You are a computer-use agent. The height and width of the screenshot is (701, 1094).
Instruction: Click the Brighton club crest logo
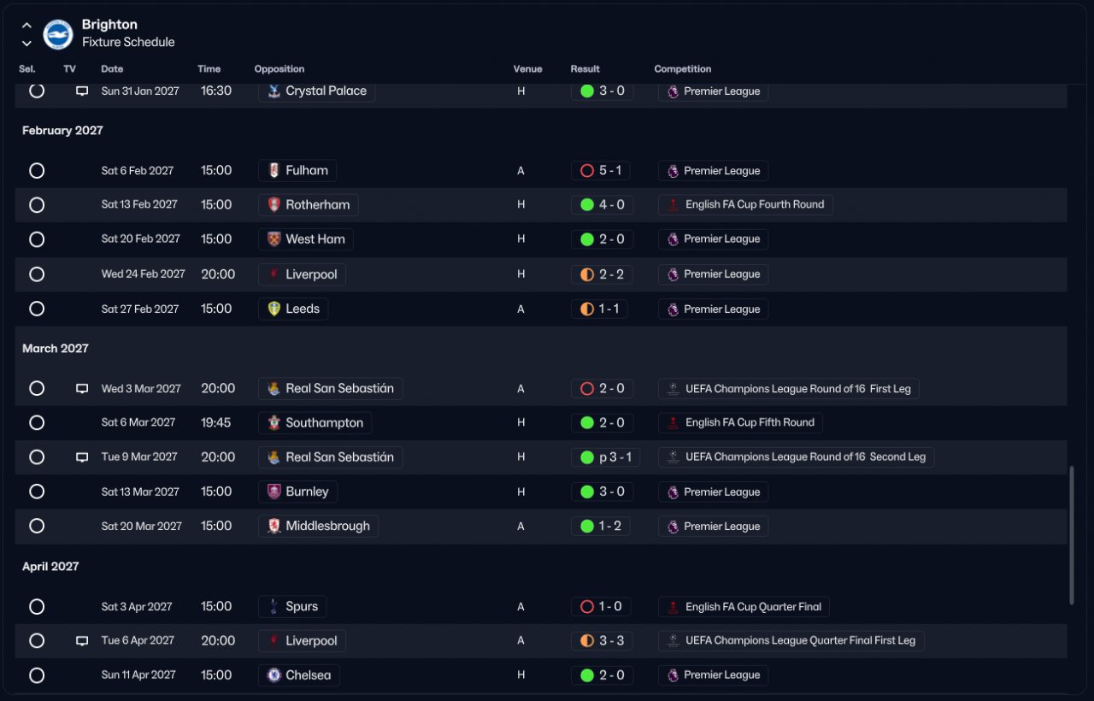click(58, 34)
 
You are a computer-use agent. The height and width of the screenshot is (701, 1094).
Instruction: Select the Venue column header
click(527, 69)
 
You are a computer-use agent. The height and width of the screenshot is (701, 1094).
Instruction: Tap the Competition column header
click(682, 69)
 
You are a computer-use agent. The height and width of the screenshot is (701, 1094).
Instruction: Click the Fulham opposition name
click(307, 170)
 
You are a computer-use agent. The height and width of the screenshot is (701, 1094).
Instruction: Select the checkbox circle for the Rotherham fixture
click(37, 204)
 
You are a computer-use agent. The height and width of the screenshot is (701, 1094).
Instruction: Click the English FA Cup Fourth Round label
click(755, 204)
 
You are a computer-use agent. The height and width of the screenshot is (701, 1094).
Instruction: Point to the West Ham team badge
click(274, 239)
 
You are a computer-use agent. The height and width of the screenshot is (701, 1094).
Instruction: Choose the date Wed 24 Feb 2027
click(143, 274)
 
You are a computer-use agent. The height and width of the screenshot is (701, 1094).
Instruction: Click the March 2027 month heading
click(56, 348)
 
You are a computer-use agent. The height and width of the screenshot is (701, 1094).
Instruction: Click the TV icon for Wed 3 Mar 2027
click(82, 388)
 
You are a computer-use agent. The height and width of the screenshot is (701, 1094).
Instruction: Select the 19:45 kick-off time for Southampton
click(216, 422)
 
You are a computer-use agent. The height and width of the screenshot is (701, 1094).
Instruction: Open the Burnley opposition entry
click(307, 492)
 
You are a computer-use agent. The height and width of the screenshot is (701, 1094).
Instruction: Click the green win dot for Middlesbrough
click(587, 526)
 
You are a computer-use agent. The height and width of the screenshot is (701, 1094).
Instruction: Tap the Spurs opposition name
click(302, 606)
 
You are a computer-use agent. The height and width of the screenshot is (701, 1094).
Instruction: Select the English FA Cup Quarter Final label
click(753, 607)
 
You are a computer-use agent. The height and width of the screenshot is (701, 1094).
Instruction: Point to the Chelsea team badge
click(274, 675)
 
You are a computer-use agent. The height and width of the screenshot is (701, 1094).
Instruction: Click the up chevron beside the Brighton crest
click(26, 26)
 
